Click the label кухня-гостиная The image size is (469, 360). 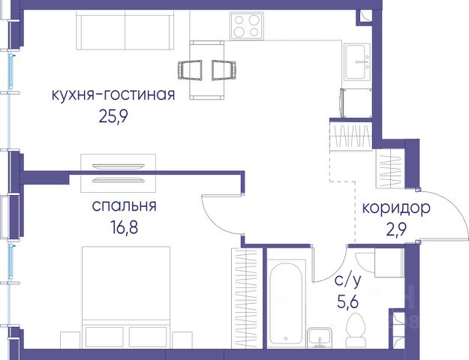click(113, 94)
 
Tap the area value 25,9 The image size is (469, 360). click(113, 117)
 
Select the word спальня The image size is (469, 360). click(124, 206)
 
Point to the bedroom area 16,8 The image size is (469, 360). click(124, 228)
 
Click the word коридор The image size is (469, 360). click(396, 208)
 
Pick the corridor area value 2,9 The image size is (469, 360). click(396, 229)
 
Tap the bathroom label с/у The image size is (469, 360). click(348, 281)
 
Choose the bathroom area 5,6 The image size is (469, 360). click(348, 302)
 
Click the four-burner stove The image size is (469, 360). click(247, 25)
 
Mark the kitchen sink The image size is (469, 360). click(357, 62)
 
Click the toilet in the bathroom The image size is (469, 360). click(355, 330)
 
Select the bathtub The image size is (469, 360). click(287, 304)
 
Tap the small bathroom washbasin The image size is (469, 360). click(320, 337)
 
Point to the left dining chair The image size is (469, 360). click(190, 70)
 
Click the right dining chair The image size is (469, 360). click(224, 70)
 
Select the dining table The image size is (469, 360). click(207, 70)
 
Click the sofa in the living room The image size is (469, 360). click(125, 30)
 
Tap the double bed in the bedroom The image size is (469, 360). click(126, 297)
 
